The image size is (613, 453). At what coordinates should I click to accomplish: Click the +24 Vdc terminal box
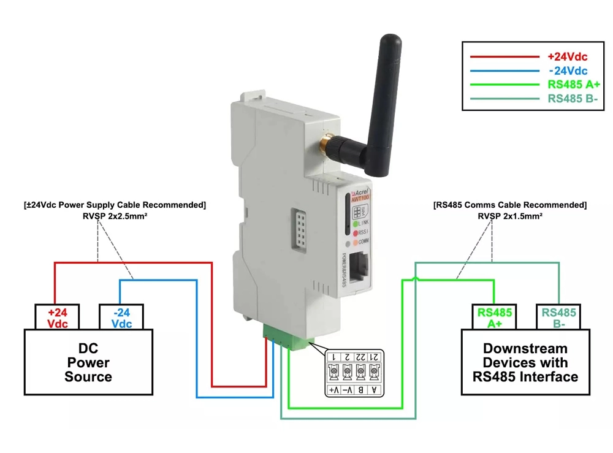(x=58, y=318)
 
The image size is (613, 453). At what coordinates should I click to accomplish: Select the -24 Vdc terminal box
(x=121, y=318)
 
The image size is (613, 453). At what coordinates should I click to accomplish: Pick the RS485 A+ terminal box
(x=494, y=318)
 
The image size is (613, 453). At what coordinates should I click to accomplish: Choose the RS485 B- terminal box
(x=558, y=318)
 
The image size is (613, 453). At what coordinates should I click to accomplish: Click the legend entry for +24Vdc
(x=567, y=57)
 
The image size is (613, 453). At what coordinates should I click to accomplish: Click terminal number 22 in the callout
(x=360, y=357)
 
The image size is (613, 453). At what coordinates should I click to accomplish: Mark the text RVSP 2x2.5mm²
(x=115, y=215)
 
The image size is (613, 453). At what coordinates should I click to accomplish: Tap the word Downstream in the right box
(x=525, y=349)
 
